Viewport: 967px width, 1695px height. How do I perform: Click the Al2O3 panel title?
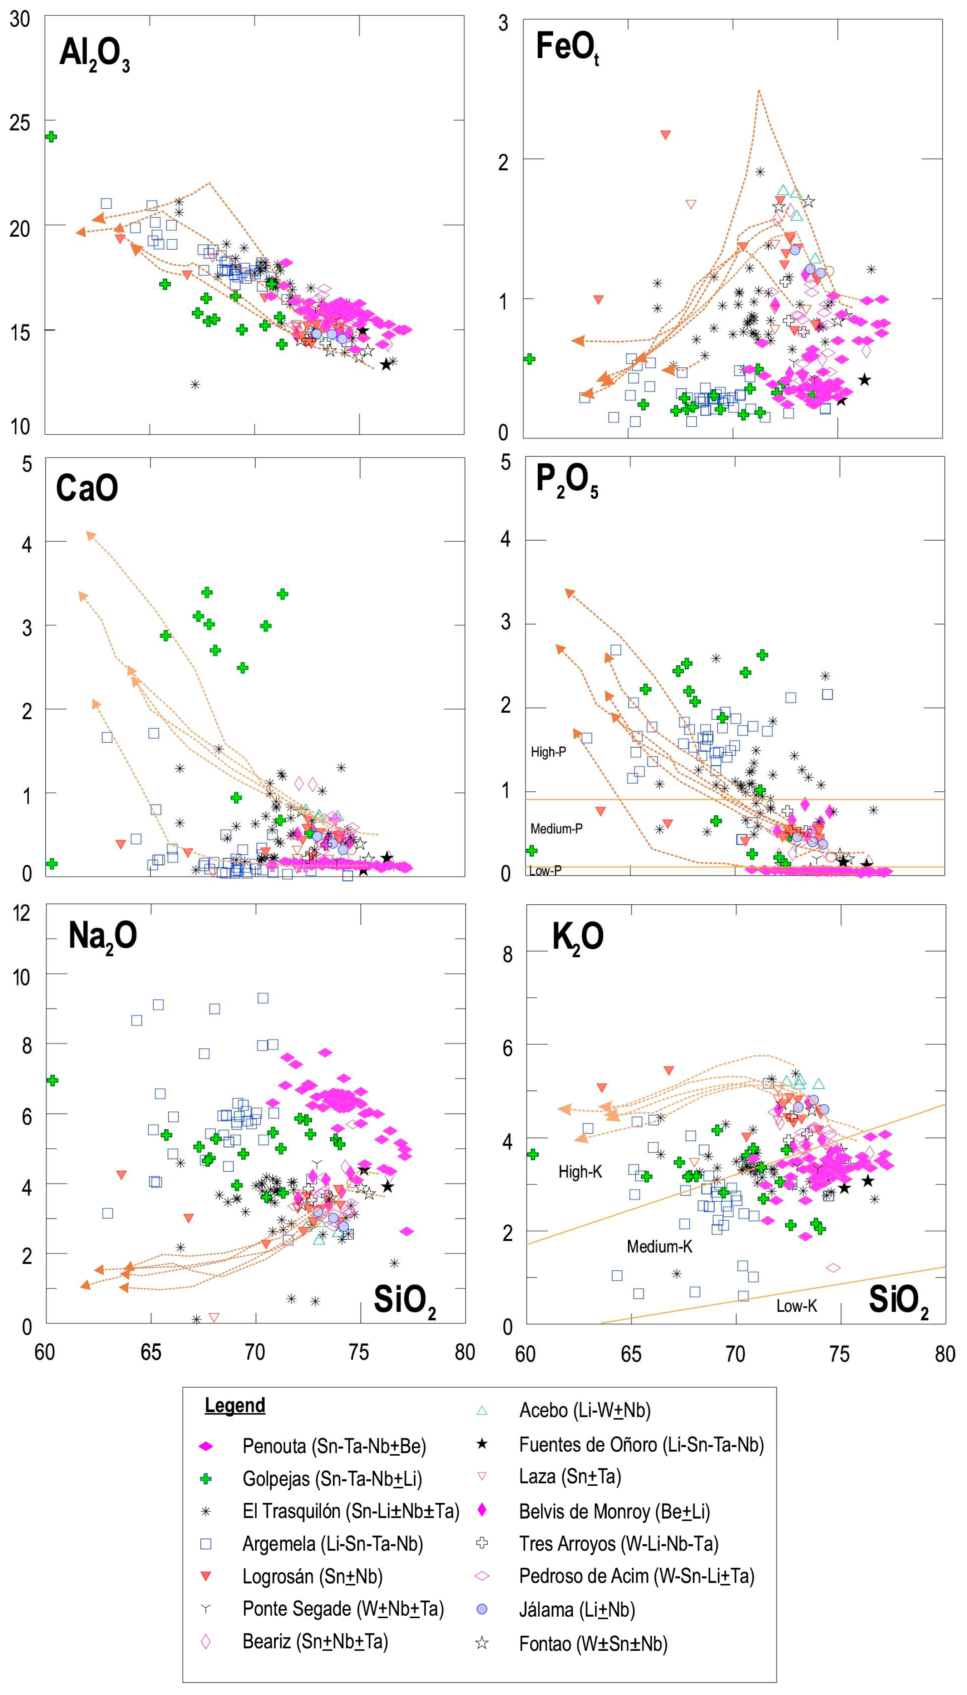coord(94,53)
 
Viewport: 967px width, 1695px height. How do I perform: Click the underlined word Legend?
coord(235,1405)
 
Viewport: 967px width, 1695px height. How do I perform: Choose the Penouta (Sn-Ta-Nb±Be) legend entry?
coord(334,1446)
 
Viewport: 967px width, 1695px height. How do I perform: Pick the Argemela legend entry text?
coord(332,1544)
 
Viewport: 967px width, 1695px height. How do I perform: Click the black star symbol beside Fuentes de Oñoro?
coord(482,1444)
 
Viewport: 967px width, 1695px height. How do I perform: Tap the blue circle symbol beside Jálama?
coord(482,1609)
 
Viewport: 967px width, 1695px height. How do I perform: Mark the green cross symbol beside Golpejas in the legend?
coord(206,1479)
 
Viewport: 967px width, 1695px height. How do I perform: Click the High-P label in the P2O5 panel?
coord(548,752)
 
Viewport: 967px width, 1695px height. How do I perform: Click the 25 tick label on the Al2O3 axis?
coord(20,122)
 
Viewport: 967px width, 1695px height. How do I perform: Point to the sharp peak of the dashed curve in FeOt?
coord(759,91)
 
